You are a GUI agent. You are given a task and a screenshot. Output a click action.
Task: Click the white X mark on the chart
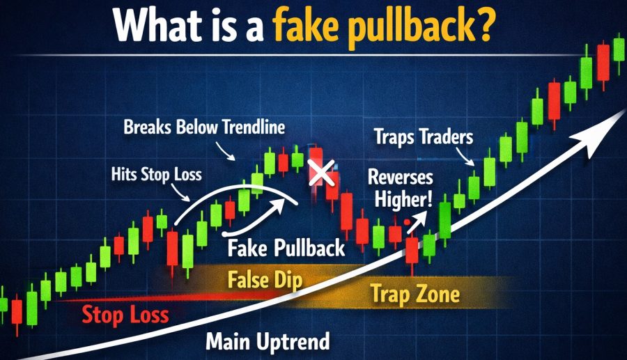pyautogui.click(x=321, y=173)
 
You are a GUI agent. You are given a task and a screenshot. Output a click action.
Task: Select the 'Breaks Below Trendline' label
pyautogui.click(x=204, y=127)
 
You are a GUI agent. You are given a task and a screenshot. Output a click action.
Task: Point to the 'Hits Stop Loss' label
pyautogui.click(x=156, y=175)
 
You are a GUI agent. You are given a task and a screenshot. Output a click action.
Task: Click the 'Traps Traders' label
pyautogui.click(x=424, y=137)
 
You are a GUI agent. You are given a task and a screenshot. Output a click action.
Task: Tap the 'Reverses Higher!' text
pyautogui.click(x=401, y=188)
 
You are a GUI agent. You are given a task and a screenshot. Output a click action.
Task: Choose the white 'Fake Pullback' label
pyautogui.click(x=286, y=248)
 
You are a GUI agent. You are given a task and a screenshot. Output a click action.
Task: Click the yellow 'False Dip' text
pyautogui.click(x=265, y=280)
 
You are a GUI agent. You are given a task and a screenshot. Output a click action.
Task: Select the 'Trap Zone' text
pyautogui.click(x=415, y=294)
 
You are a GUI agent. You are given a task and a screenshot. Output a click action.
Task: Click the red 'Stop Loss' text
pyautogui.click(x=125, y=315)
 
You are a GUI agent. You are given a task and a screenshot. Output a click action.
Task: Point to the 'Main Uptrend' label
pyautogui.click(x=268, y=342)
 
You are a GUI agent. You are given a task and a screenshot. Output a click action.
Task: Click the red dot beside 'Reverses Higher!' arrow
pyautogui.click(x=407, y=221)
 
